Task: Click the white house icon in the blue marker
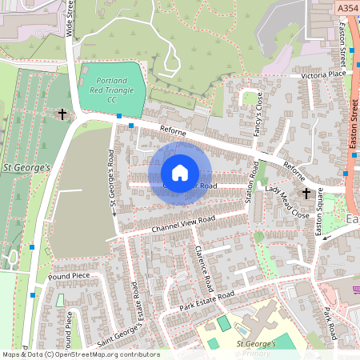click(x=180, y=173)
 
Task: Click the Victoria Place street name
click(x=323, y=74)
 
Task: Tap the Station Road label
click(x=254, y=180)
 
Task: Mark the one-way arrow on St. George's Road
click(x=114, y=212)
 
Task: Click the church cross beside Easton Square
click(x=305, y=194)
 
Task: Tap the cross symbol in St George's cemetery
click(x=62, y=114)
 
